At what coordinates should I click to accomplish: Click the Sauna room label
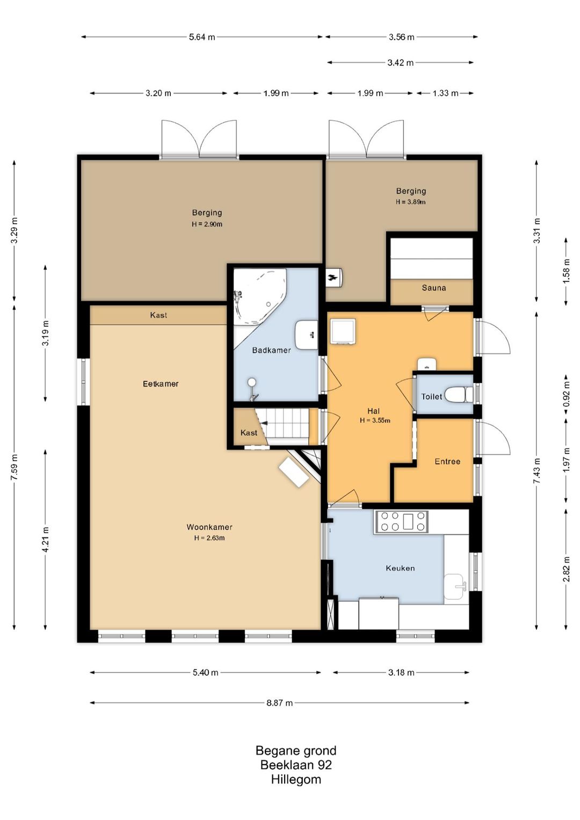(433, 287)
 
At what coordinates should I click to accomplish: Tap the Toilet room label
(431, 397)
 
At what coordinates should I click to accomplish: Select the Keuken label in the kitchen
(400, 568)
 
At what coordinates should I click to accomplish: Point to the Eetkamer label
(161, 384)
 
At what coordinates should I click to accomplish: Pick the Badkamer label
(271, 350)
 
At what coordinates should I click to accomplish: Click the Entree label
(447, 461)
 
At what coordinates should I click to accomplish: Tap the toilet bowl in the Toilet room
(459, 395)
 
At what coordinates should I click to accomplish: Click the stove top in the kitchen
(401, 521)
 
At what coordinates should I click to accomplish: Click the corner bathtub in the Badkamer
(260, 297)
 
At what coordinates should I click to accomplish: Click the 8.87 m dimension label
(279, 702)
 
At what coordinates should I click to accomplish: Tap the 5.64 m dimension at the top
(202, 37)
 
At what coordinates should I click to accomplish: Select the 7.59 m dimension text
(14, 468)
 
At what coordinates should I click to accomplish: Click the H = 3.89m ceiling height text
(410, 202)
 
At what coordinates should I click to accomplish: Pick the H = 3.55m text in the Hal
(375, 420)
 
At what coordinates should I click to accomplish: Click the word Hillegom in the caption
(296, 779)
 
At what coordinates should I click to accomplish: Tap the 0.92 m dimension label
(567, 394)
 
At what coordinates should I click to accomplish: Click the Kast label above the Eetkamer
(158, 315)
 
